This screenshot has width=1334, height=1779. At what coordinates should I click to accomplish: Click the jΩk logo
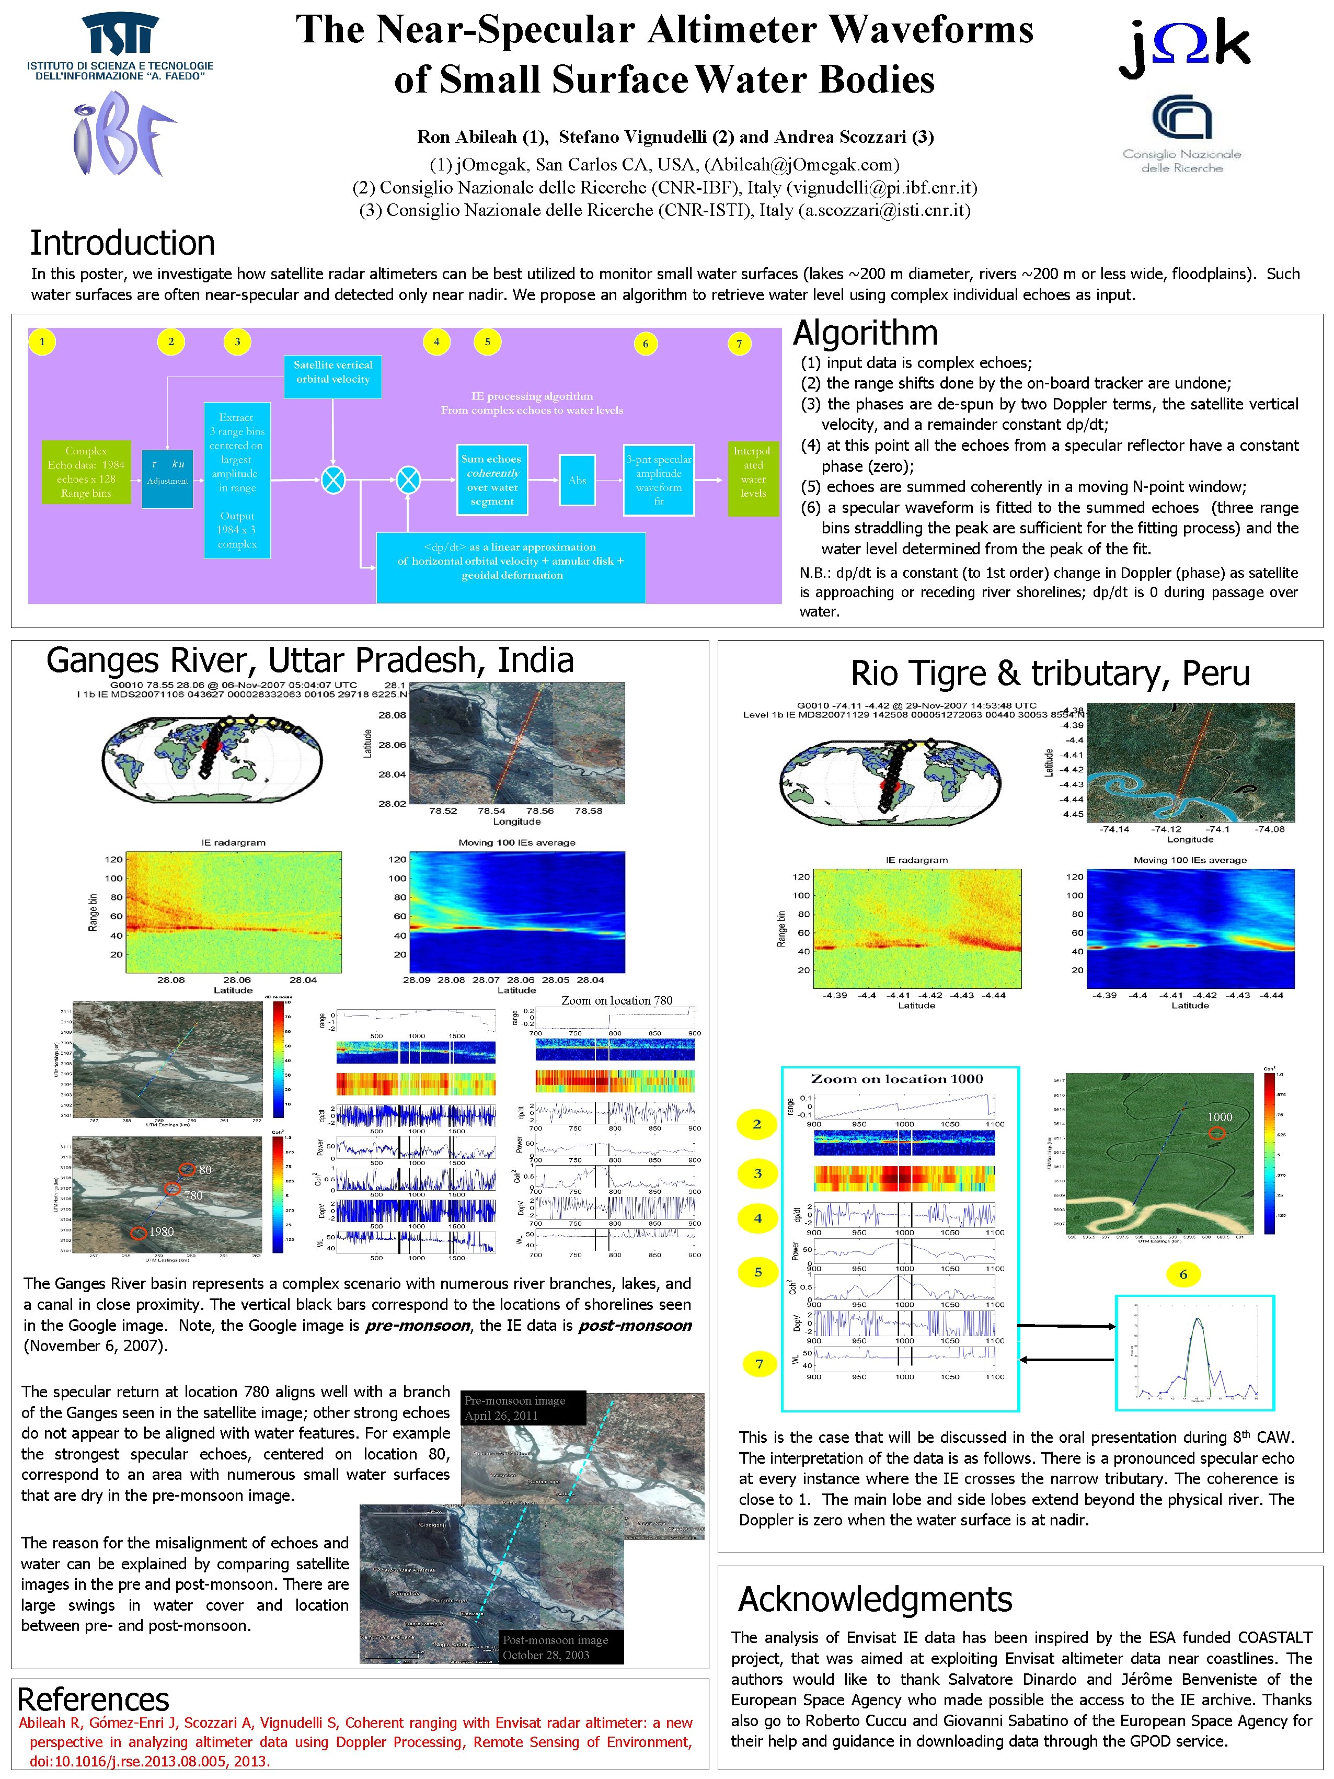click(x=1183, y=48)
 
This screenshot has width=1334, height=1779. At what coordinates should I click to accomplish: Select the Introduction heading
click(x=122, y=242)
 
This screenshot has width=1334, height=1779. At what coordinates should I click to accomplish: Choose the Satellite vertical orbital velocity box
click(x=332, y=372)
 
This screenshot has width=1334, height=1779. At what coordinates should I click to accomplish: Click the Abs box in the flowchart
click(x=577, y=480)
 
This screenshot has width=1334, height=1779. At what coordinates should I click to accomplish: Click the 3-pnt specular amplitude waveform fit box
click(x=659, y=480)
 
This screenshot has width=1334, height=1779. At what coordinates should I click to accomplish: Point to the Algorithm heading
click(x=865, y=332)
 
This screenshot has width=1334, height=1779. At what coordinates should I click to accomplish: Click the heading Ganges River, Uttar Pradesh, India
click(x=309, y=660)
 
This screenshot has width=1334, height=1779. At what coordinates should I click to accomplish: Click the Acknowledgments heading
click(x=875, y=1599)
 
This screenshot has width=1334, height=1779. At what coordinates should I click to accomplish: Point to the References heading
click(x=93, y=1700)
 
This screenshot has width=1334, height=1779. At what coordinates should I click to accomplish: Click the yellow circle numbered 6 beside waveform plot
click(x=1183, y=1274)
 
